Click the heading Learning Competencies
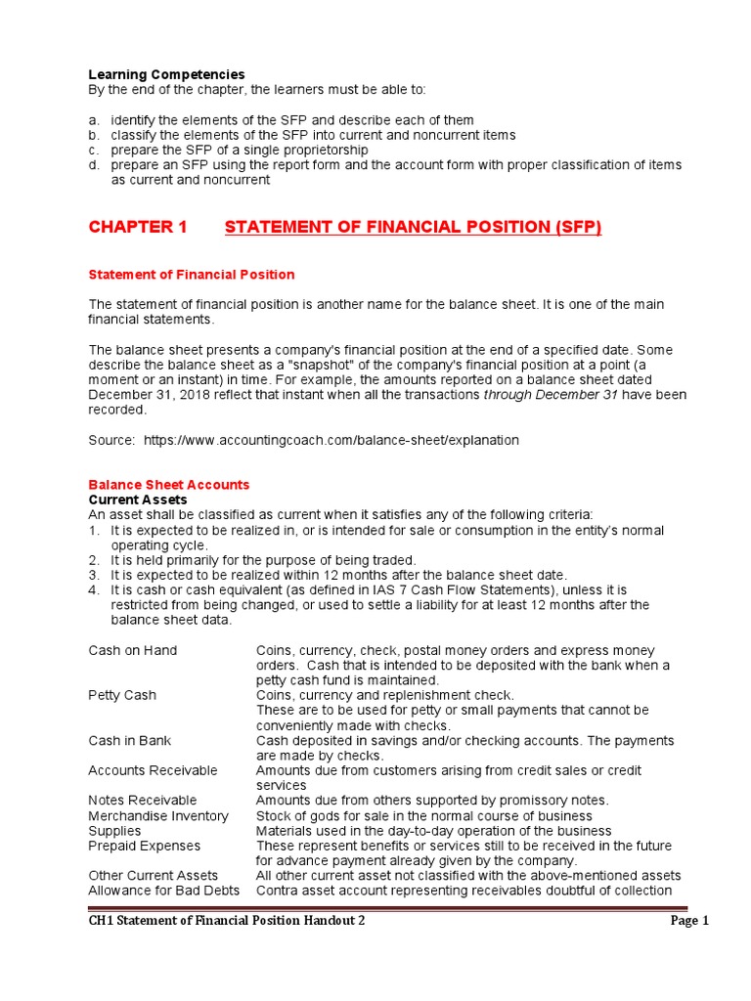(166, 74)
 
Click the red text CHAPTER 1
(137, 228)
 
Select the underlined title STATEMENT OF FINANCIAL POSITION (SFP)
(413, 228)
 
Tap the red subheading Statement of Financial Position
(191, 275)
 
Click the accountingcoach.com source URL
(331, 440)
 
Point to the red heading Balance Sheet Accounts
(168, 485)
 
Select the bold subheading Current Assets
(137, 500)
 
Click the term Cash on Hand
(132, 651)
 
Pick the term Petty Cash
(122, 696)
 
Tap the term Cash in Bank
(129, 741)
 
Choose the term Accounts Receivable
(153, 771)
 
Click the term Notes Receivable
(142, 801)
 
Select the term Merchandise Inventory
(158, 816)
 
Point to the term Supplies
(114, 831)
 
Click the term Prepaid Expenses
(144, 846)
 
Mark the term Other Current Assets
(153, 876)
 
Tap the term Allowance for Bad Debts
(163, 891)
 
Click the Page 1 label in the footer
(689, 921)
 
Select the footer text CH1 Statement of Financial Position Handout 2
(227, 921)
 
